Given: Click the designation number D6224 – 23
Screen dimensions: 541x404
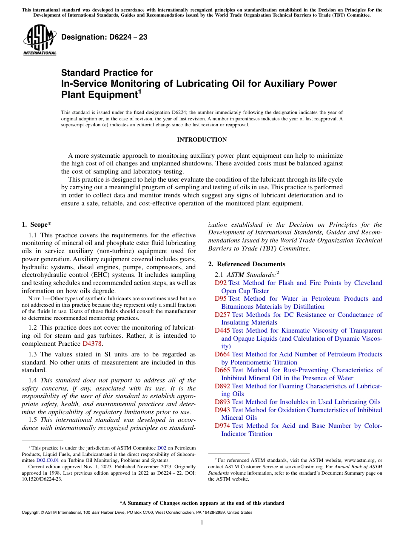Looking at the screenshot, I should [x=104, y=37].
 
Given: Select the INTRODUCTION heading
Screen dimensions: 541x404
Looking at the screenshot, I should [x=202, y=140].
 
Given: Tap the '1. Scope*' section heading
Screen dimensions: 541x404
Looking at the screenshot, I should [x=37, y=224].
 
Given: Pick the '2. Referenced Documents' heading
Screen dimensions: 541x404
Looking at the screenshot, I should [x=247, y=264].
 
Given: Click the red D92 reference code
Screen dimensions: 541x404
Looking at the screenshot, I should [x=220, y=283].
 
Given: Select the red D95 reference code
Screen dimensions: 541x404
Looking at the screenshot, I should [x=220, y=299].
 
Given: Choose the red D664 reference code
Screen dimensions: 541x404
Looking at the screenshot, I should [x=222, y=354].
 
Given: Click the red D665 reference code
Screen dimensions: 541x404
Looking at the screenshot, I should [x=222, y=370].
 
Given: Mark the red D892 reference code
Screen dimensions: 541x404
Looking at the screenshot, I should [x=222, y=386].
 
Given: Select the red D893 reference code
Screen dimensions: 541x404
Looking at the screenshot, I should [x=222, y=402].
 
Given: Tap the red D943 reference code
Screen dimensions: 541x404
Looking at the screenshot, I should [x=222, y=410].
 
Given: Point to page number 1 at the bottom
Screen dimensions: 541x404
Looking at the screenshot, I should [x=202, y=523].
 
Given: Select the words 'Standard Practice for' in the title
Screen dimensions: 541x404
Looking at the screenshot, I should [x=107, y=73].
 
